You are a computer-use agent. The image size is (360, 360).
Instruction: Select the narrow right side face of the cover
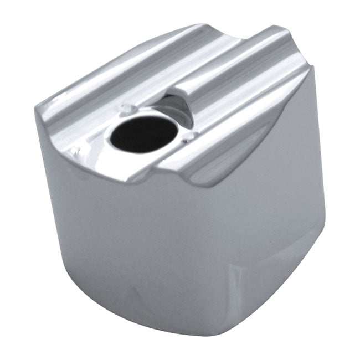click(x=277, y=210)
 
